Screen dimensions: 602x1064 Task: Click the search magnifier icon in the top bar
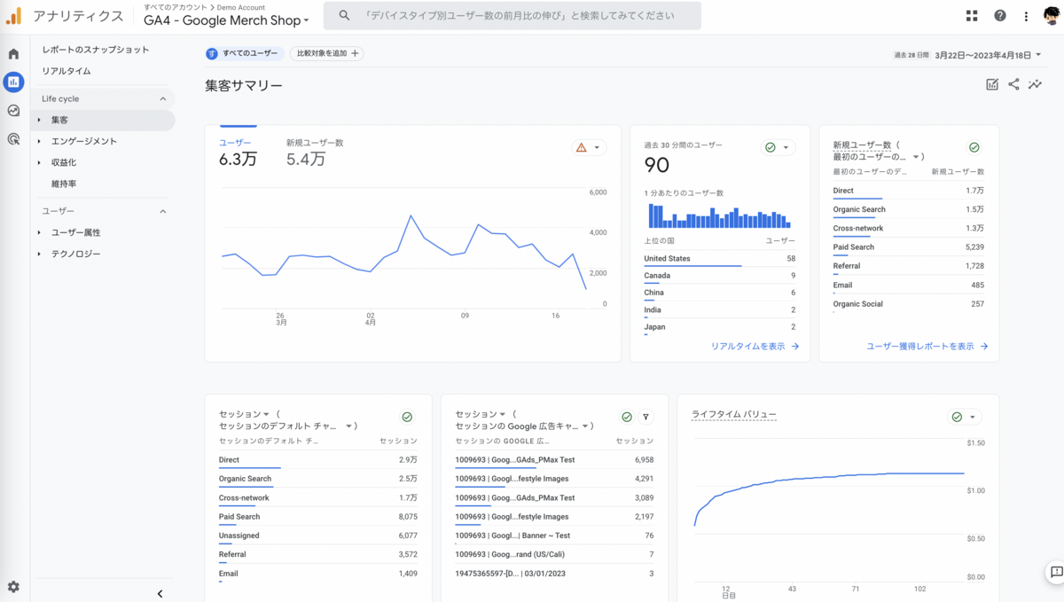point(344,16)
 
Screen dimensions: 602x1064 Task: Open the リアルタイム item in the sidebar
point(66,71)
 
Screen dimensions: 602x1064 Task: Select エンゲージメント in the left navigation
point(83,141)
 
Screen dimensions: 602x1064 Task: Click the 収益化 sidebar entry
point(64,162)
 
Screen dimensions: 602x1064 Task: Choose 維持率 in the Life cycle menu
point(64,184)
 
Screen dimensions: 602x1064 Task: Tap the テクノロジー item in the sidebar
point(75,254)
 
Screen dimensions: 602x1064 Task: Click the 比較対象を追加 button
point(327,54)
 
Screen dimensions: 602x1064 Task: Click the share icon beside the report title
point(1013,85)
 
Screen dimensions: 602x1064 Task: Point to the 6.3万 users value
point(238,160)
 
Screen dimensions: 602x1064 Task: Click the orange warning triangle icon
point(582,148)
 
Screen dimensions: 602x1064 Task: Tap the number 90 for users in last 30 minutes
point(657,165)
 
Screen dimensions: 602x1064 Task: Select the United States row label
point(667,259)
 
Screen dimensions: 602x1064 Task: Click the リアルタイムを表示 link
point(748,347)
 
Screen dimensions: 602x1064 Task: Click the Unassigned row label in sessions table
point(239,536)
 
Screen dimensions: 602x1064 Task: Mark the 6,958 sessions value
point(644,460)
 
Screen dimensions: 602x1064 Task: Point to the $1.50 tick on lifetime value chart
point(975,442)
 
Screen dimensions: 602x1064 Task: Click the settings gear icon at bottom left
point(13,587)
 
